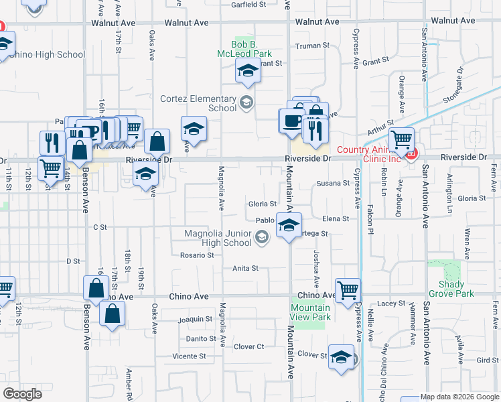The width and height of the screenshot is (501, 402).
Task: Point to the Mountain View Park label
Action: coord(311,312)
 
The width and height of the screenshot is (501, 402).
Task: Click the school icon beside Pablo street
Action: coord(289,224)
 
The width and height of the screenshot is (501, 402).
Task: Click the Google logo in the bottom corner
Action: coord(22,394)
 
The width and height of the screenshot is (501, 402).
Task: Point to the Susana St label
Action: coord(333,183)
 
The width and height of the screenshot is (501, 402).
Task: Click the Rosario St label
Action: coord(197,255)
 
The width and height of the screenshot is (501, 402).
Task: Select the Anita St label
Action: coord(245,269)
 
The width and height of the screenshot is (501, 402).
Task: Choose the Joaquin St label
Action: coord(195,320)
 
